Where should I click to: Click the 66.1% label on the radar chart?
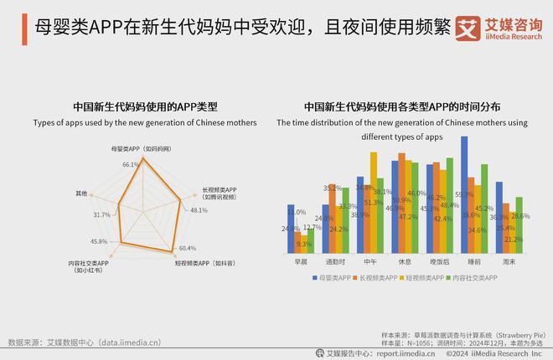tap(130, 165)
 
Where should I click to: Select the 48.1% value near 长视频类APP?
tap(198, 210)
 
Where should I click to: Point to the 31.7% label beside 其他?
tap(102, 215)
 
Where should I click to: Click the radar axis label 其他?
tap(81, 193)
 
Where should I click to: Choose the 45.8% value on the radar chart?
tap(98, 242)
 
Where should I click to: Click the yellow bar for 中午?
tap(374, 202)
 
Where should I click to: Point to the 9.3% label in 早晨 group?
tap(303, 244)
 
